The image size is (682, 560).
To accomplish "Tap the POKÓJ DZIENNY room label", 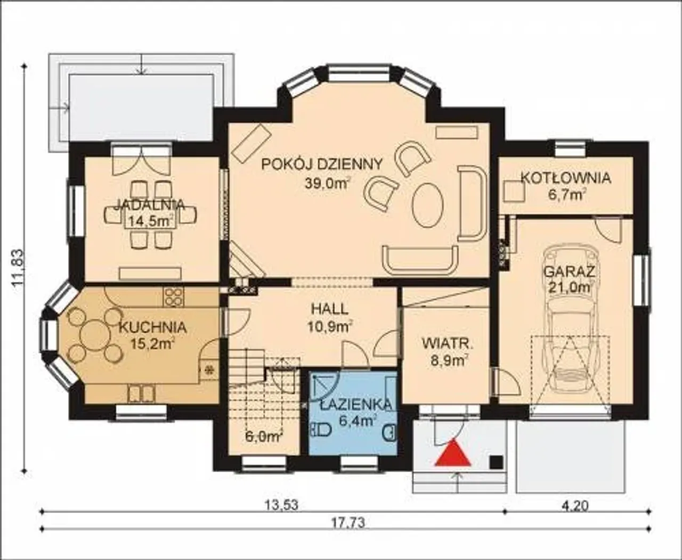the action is pos(322,164).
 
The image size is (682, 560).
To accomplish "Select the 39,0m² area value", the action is pos(327,184).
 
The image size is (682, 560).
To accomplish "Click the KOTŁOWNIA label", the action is pos(566,178).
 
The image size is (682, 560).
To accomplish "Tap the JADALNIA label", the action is pos(150,204).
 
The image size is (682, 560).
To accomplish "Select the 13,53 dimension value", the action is pos(281,505).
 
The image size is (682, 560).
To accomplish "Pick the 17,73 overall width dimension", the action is pos(348,523).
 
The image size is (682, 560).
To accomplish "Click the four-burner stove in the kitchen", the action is pos(174,297).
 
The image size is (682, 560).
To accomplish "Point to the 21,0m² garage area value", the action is pos(570,287).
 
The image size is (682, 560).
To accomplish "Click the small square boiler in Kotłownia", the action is pos(514,192).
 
